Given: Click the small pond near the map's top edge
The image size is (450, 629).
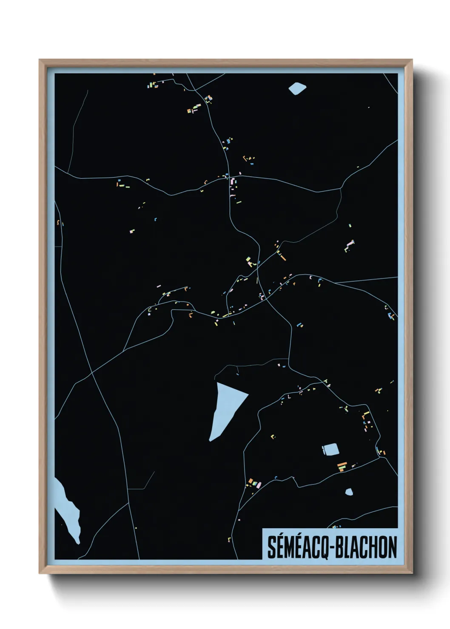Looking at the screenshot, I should [297, 88].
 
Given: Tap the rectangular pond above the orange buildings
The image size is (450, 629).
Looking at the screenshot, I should [330, 449].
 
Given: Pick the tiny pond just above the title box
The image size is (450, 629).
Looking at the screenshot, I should [349, 492].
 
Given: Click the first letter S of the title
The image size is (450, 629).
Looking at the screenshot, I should [271, 547].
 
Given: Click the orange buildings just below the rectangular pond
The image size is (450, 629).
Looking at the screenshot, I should [342, 466].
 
